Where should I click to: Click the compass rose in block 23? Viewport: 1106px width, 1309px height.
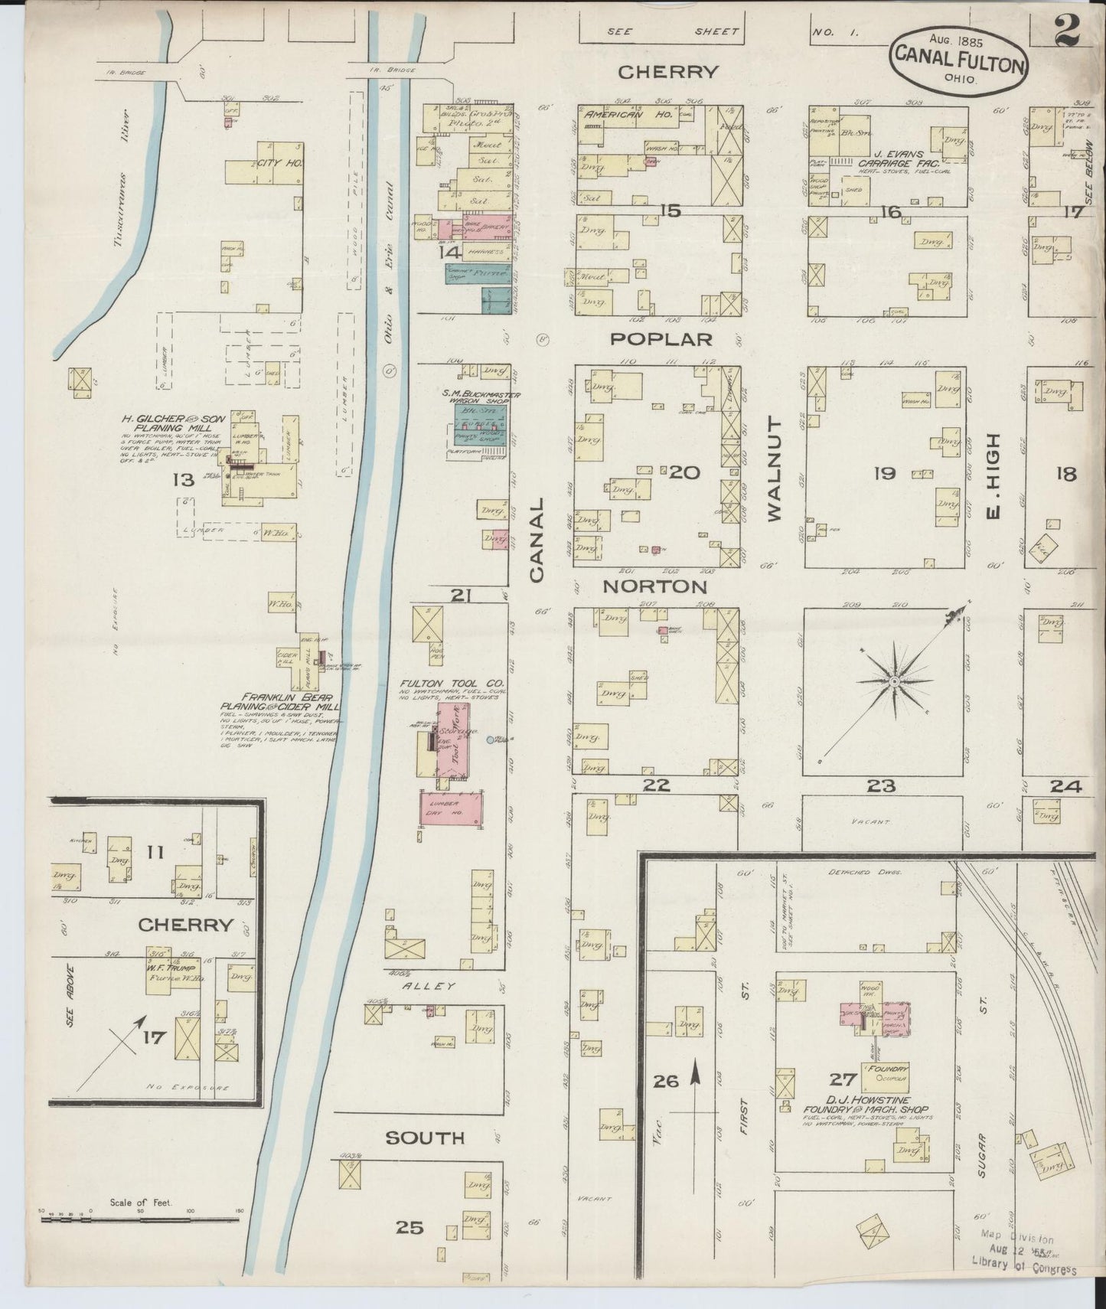pyautogui.click(x=893, y=681)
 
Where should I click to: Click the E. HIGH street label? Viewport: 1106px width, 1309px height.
pyautogui.click(x=993, y=474)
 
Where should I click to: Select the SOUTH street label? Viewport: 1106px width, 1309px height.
pyautogui.click(x=425, y=1138)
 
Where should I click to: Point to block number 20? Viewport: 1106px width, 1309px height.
pyautogui.click(x=684, y=473)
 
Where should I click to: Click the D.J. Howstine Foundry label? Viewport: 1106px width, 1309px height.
pyautogui.click(x=865, y=1109)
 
